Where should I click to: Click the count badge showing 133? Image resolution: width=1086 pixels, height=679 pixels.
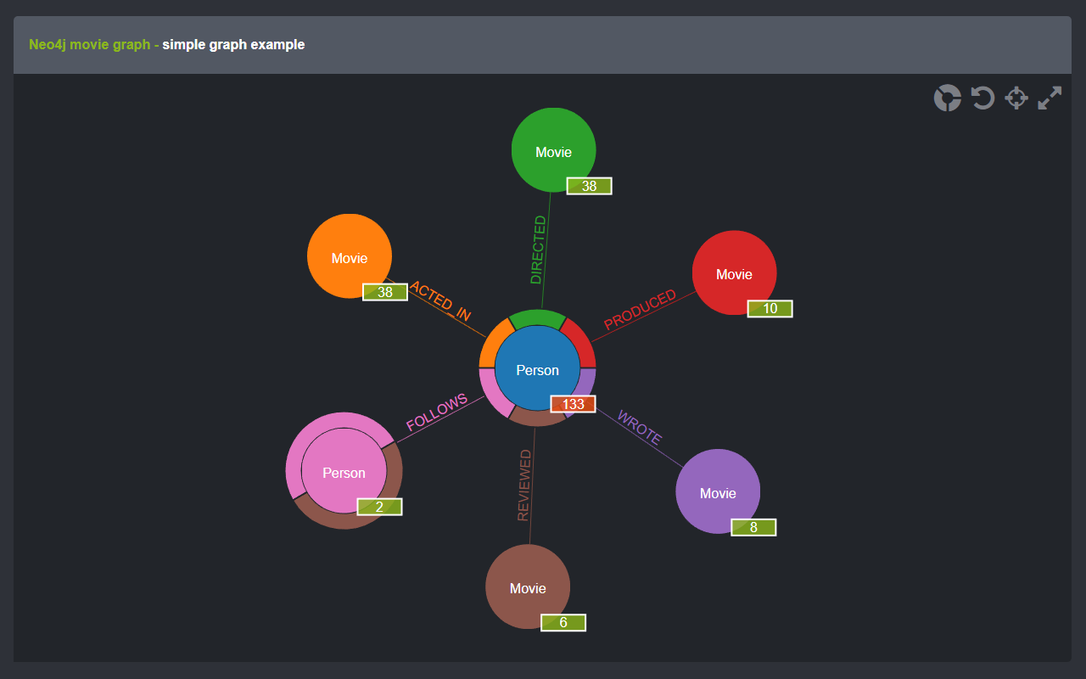click(x=574, y=404)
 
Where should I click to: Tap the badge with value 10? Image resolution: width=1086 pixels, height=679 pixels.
click(x=770, y=308)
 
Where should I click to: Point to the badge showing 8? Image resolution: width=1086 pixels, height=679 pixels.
click(x=753, y=527)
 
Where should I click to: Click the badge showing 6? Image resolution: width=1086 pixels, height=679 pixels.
click(x=563, y=622)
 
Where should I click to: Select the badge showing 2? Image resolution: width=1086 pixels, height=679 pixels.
click(x=379, y=507)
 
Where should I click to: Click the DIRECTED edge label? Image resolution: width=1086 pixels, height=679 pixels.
click(x=538, y=250)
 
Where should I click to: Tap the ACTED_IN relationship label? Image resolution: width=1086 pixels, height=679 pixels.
click(x=439, y=300)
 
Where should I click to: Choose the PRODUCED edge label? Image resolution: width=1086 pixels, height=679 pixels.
click(x=640, y=310)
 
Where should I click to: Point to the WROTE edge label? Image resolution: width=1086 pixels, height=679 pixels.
click(x=639, y=427)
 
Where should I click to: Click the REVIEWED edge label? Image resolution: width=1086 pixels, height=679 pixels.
click(x=524, y=485)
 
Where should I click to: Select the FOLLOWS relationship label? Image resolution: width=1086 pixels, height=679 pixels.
click(x=437, y=412)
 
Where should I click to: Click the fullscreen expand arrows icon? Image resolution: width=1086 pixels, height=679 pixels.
click(x=1050, y=98)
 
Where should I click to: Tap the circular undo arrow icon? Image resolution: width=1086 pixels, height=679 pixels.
click(x=982, y=98)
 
